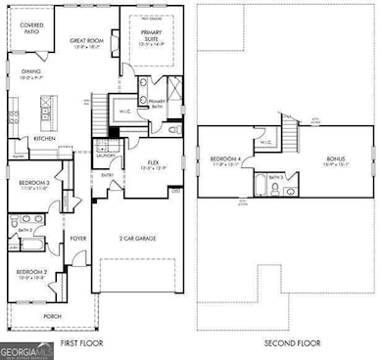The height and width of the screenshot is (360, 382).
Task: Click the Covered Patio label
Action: coord(31,27)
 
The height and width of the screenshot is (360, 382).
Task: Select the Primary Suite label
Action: coord(151,38)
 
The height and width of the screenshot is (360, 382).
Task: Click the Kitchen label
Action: coord(45,139)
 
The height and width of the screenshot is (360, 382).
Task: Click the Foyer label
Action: coord(78,238)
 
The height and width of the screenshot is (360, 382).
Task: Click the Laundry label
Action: coord(104,155)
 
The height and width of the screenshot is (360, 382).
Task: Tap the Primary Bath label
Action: coord(157,101)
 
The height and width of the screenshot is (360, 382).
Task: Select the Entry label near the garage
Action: coord(107,175)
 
